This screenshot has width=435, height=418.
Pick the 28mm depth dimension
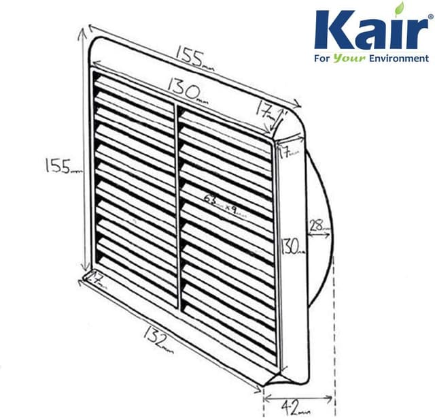tap(317, 225)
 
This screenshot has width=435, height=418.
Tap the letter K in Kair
tap(331, 31)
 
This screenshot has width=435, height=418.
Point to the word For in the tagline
tap(322, 59)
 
